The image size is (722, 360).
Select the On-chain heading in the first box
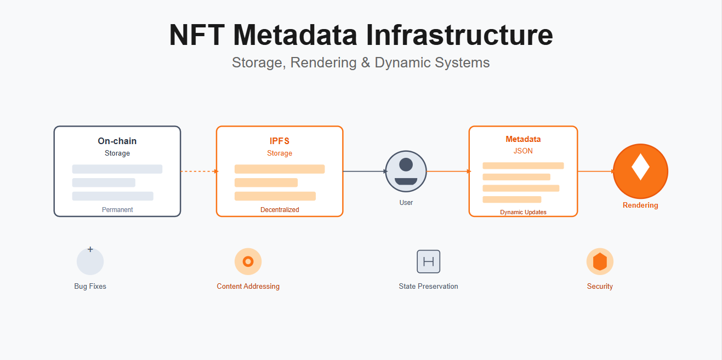117,141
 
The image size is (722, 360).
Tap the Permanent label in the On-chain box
117,210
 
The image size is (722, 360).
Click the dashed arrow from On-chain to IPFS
198,172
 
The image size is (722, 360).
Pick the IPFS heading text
280,141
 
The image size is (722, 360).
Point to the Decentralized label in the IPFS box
280,210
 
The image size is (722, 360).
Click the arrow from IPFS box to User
364,172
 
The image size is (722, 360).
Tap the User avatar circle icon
406,172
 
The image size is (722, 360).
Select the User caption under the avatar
406,203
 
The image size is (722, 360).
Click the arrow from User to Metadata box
447,172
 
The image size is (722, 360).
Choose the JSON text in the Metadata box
523,151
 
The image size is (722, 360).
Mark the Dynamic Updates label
523,212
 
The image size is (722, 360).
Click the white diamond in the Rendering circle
640,168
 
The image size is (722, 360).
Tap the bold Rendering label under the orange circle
640,205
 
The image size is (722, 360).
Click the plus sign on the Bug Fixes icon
90,250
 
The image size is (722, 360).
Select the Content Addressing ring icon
248,261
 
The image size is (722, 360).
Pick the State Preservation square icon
429,261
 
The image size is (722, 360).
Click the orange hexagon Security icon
600,261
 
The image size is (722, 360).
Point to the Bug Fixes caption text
90,286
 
